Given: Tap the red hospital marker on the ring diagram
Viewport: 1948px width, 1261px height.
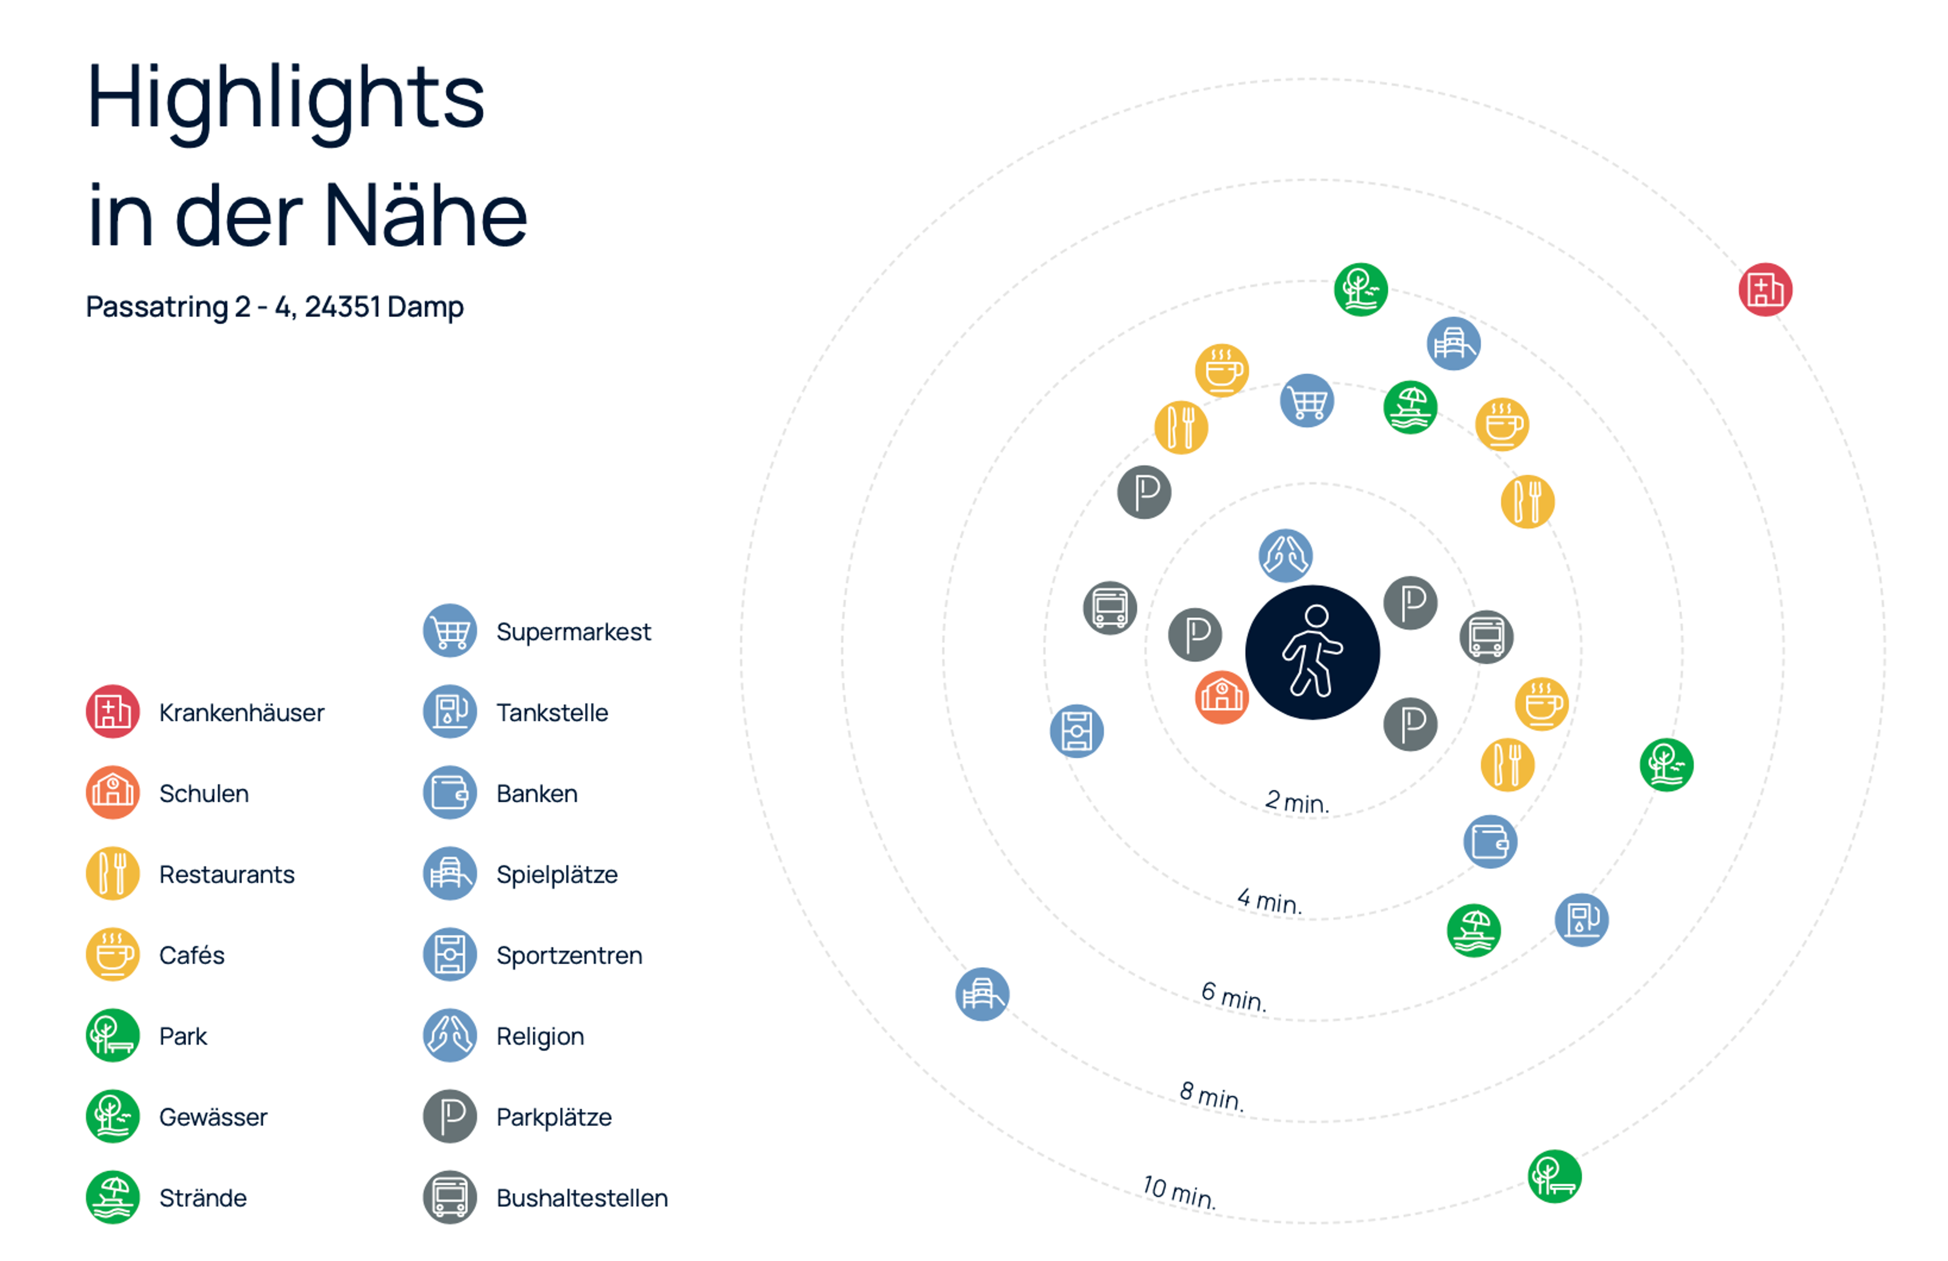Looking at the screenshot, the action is [x=1765, y=289].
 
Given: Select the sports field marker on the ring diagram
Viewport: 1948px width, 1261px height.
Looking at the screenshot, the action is [x=1076, y=730].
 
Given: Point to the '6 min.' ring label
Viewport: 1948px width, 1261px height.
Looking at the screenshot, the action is [x=1233, y=996].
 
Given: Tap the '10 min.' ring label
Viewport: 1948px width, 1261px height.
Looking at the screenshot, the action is [x=1178, y=1191].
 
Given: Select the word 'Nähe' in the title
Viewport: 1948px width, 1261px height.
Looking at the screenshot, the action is [x=426, y=215].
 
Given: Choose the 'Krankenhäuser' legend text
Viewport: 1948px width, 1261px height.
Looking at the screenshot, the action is [x=241, y=712].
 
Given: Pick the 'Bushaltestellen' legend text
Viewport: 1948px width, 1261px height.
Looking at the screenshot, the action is [x=582, y=1198].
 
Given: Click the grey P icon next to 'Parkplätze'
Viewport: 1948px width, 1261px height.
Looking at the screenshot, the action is [x=449, y=1116].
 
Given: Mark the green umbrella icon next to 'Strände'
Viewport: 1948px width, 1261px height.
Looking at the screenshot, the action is [x=113, y=1197].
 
